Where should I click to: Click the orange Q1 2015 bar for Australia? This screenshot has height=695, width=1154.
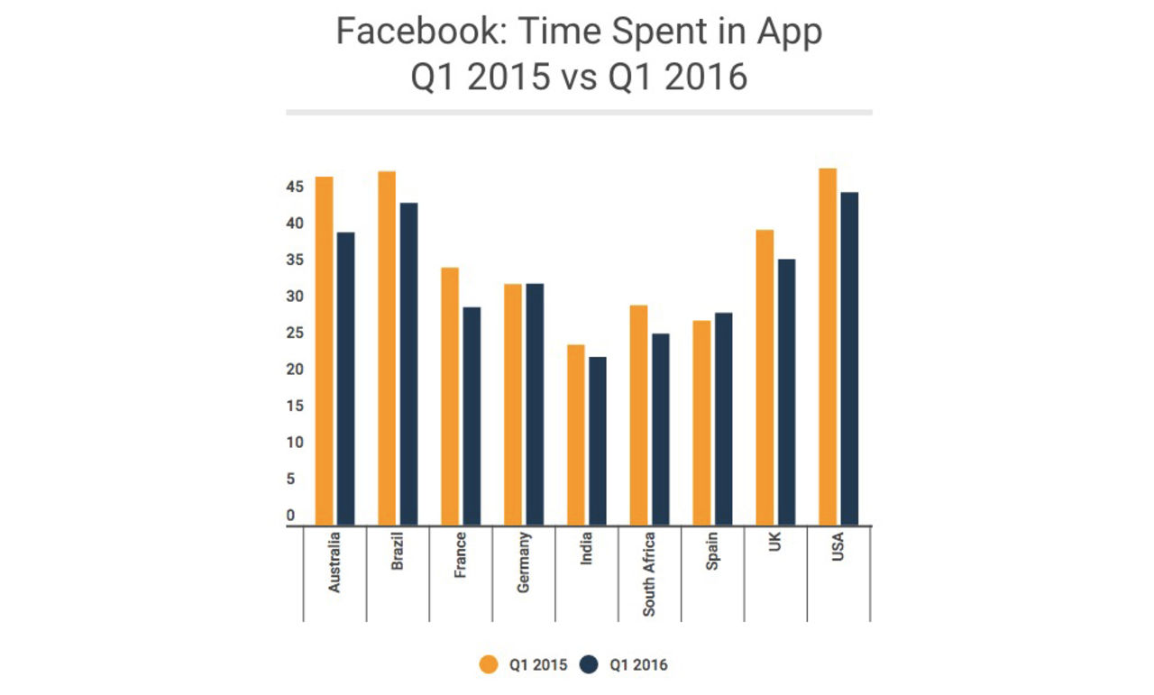tap(324, 351)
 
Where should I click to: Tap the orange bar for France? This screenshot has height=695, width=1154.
tap(450, 396)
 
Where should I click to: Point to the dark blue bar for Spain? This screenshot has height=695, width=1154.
tap(723, 418)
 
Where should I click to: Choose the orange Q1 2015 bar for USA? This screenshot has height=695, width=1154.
tap(828, 346)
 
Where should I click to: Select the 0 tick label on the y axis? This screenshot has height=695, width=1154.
tap(290, 516)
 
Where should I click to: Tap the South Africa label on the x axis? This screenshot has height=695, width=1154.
tap(649, 573)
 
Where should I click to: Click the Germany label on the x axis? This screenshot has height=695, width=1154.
tap(524, 562)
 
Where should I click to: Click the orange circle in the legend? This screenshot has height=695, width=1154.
tap(488, 665)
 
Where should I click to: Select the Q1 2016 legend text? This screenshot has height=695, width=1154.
tap(638, 665)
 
